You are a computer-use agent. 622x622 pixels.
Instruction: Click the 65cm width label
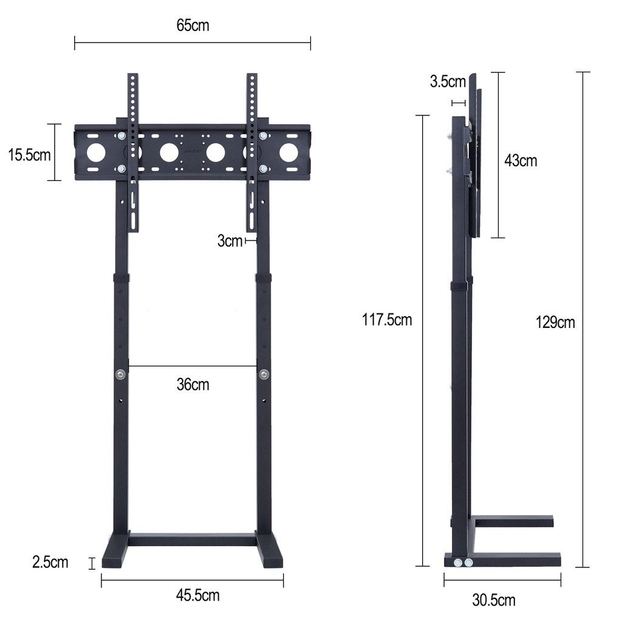coord(193,26)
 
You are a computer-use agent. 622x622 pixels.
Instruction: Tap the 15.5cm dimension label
coord(29,154)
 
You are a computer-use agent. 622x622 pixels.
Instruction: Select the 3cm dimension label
coord(230,241)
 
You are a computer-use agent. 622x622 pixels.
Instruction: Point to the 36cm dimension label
coord(193,384)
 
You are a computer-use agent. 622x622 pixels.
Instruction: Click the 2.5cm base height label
coord(50,562)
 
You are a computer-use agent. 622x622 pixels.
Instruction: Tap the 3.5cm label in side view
coord(448,81)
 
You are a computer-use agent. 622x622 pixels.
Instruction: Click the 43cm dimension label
coord(521,161)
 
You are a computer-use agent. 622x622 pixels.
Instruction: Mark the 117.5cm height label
coord(387,320)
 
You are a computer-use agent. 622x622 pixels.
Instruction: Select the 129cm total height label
coord(555,322)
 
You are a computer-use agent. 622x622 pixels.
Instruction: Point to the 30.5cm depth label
coord(494,601)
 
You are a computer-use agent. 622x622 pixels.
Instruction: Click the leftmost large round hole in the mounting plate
coord(96,152)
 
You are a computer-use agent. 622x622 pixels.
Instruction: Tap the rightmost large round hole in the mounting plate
coord(289,152)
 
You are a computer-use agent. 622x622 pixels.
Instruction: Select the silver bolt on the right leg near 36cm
coord(264,374)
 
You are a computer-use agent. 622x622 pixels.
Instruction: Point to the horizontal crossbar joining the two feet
coord(193,539)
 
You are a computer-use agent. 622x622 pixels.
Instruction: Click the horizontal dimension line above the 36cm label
coord(193,366)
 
